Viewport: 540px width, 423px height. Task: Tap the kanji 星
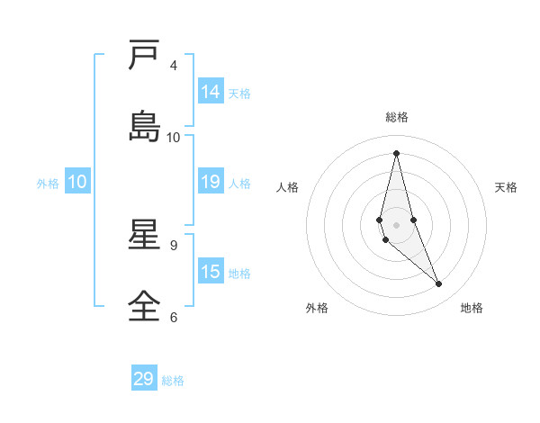(144, 235)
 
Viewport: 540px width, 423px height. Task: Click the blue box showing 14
(211, 92)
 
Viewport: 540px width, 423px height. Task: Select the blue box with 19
(211, 182)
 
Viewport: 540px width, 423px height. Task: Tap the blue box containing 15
(211, 272)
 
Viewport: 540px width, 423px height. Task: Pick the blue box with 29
(144, 379)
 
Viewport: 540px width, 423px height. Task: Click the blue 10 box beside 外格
(77, 182)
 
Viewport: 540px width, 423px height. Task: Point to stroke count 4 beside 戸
(174, 66)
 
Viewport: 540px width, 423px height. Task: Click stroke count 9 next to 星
(174, 245)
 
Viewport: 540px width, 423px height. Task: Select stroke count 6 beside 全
(174, 317)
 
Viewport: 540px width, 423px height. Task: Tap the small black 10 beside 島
(174, 137)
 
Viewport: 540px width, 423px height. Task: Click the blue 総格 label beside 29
(173, 381)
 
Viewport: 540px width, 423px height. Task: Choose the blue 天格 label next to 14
(239, 94)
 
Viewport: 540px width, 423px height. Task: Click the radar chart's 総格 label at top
(396, 117)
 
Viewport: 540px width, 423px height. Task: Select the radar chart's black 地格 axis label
(472, 308)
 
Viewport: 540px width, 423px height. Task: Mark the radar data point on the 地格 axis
(439, 284)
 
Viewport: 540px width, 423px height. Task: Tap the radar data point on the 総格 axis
(396, 153)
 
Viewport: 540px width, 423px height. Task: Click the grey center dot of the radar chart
(396, 224)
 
